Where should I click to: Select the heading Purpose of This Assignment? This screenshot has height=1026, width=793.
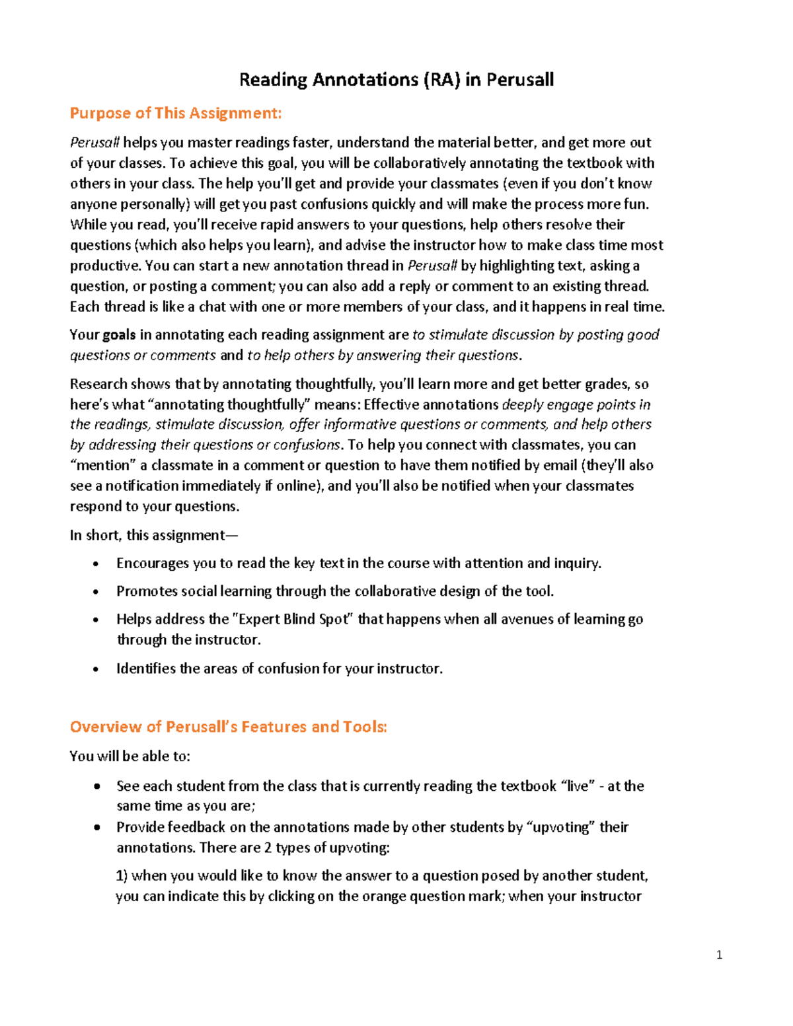pyautogui.click(x=176, y=113)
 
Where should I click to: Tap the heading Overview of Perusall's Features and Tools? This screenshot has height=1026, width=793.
pyautogui.click(x=228, y=727)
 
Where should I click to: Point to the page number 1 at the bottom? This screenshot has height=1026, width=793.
pyautogui.click(x=719, y=955)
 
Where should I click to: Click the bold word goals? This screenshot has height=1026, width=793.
pyautogui.click(x=119, y=335)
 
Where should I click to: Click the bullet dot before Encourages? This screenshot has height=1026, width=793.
pyautogui.click(x=96, y=564)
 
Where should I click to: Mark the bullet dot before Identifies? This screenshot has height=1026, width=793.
pyautogui.click(x=96, y=669)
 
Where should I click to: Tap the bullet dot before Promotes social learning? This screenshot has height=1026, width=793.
pyautogui.click(x=96, y=592)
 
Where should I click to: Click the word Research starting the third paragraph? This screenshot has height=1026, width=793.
pyautogui.click(x=98, y=384)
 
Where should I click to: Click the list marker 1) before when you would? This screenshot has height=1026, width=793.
pyautogui.click(x=122, y=876)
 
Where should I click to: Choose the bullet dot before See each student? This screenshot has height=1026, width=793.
pyautogui.click(x=97, y=787)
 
